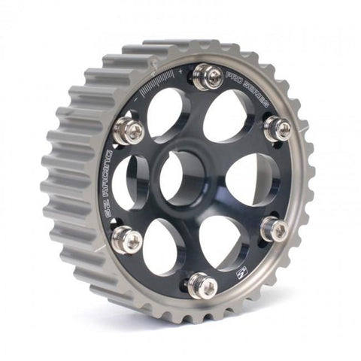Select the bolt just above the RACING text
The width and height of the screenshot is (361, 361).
[129, 132]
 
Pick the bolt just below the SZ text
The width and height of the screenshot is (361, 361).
[127, 239]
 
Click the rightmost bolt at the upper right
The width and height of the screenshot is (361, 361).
[278, 129]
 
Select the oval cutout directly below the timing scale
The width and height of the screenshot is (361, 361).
[166, 113]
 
